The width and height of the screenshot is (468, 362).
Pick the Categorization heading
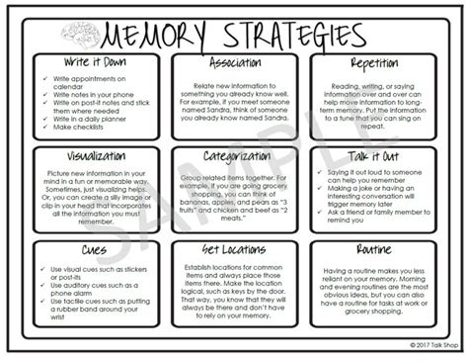point(233,155)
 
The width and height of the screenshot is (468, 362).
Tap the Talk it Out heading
point(373,156)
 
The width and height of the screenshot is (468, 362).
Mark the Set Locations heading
point(233,249)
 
